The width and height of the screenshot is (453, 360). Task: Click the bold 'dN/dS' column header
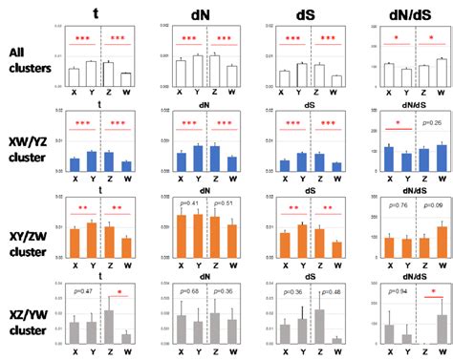pos(405,12)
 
